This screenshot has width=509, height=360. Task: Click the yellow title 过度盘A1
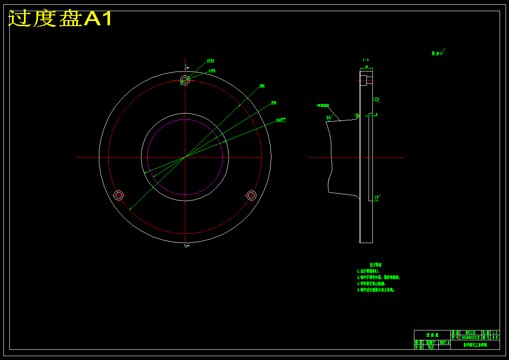click(60, 19)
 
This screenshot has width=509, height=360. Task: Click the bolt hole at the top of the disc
click(185, 80)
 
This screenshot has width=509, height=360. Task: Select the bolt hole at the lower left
click(119, 196)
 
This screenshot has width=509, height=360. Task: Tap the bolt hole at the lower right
click(251, 196)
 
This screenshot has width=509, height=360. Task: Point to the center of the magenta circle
click(185, 157)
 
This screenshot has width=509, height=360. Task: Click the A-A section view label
click(366, 60)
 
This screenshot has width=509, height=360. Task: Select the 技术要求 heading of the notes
click(375, 265)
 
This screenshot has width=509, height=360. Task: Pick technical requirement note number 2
click(378, 277)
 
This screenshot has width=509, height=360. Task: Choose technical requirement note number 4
click(375, 290)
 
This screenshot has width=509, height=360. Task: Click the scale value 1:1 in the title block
click(495, 333)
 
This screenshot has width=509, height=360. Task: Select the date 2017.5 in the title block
click(444, 342)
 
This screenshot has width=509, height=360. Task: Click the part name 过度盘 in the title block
click(432, 335)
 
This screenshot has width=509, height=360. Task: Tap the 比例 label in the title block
click(485, 333)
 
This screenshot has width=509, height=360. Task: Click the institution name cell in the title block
click(475, 345)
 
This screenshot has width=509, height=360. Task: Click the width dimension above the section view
click(366, 67)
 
